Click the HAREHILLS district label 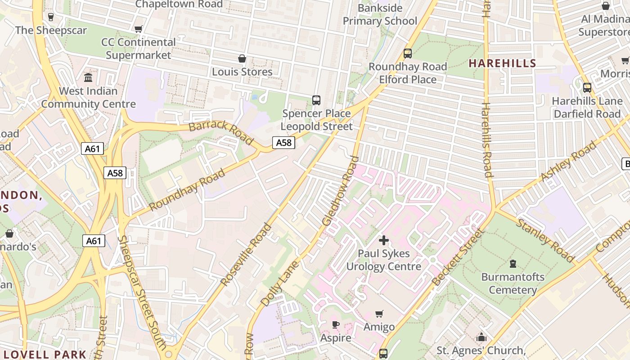[503, 63]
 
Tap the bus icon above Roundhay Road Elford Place [408, 54]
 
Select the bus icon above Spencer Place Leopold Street [316, 100]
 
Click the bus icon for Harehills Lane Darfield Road [587, 88]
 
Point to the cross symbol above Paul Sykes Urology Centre [384, 240]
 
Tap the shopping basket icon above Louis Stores [242, 58]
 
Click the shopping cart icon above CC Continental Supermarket [139, 29]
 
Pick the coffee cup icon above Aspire [335, 324]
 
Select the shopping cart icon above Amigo [379, 314]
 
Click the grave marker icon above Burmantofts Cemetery [513, 263]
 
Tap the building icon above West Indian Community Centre [88, 77]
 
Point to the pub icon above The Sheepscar [50, 17]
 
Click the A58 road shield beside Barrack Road [283, 143]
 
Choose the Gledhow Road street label [341, 191]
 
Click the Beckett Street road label [457, 257]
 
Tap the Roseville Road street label [246, 254]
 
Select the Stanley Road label [545, 240]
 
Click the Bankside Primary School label [380, 14]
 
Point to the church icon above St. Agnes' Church [481, 337]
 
